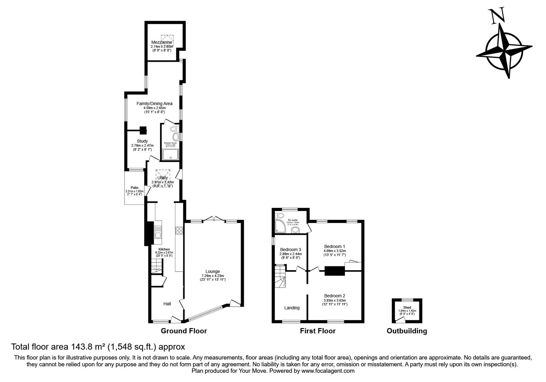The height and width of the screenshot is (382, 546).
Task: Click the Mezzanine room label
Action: point(162,42)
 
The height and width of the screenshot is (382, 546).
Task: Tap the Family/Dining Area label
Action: point(154,103)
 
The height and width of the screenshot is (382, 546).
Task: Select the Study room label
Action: point(142,141)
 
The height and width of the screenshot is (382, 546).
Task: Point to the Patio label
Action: point(134,188)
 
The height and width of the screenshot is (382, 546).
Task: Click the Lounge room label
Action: point(213,271)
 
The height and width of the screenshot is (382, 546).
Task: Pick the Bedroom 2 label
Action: point(334,295)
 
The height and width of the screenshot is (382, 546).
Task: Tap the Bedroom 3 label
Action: point(290,249)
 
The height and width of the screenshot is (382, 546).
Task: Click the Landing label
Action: point(292,308)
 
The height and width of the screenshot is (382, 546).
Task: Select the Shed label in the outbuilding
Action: point(407,307)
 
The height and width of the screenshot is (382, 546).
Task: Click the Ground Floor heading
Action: point(184,330)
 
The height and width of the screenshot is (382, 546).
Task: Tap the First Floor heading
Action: point(318,330)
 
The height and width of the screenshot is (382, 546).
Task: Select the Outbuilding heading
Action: point(406,330)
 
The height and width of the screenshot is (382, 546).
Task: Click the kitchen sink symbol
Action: point(158,232)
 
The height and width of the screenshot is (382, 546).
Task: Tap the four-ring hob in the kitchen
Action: point(179,230)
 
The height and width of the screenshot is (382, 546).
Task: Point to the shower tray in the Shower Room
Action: point(171,155)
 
